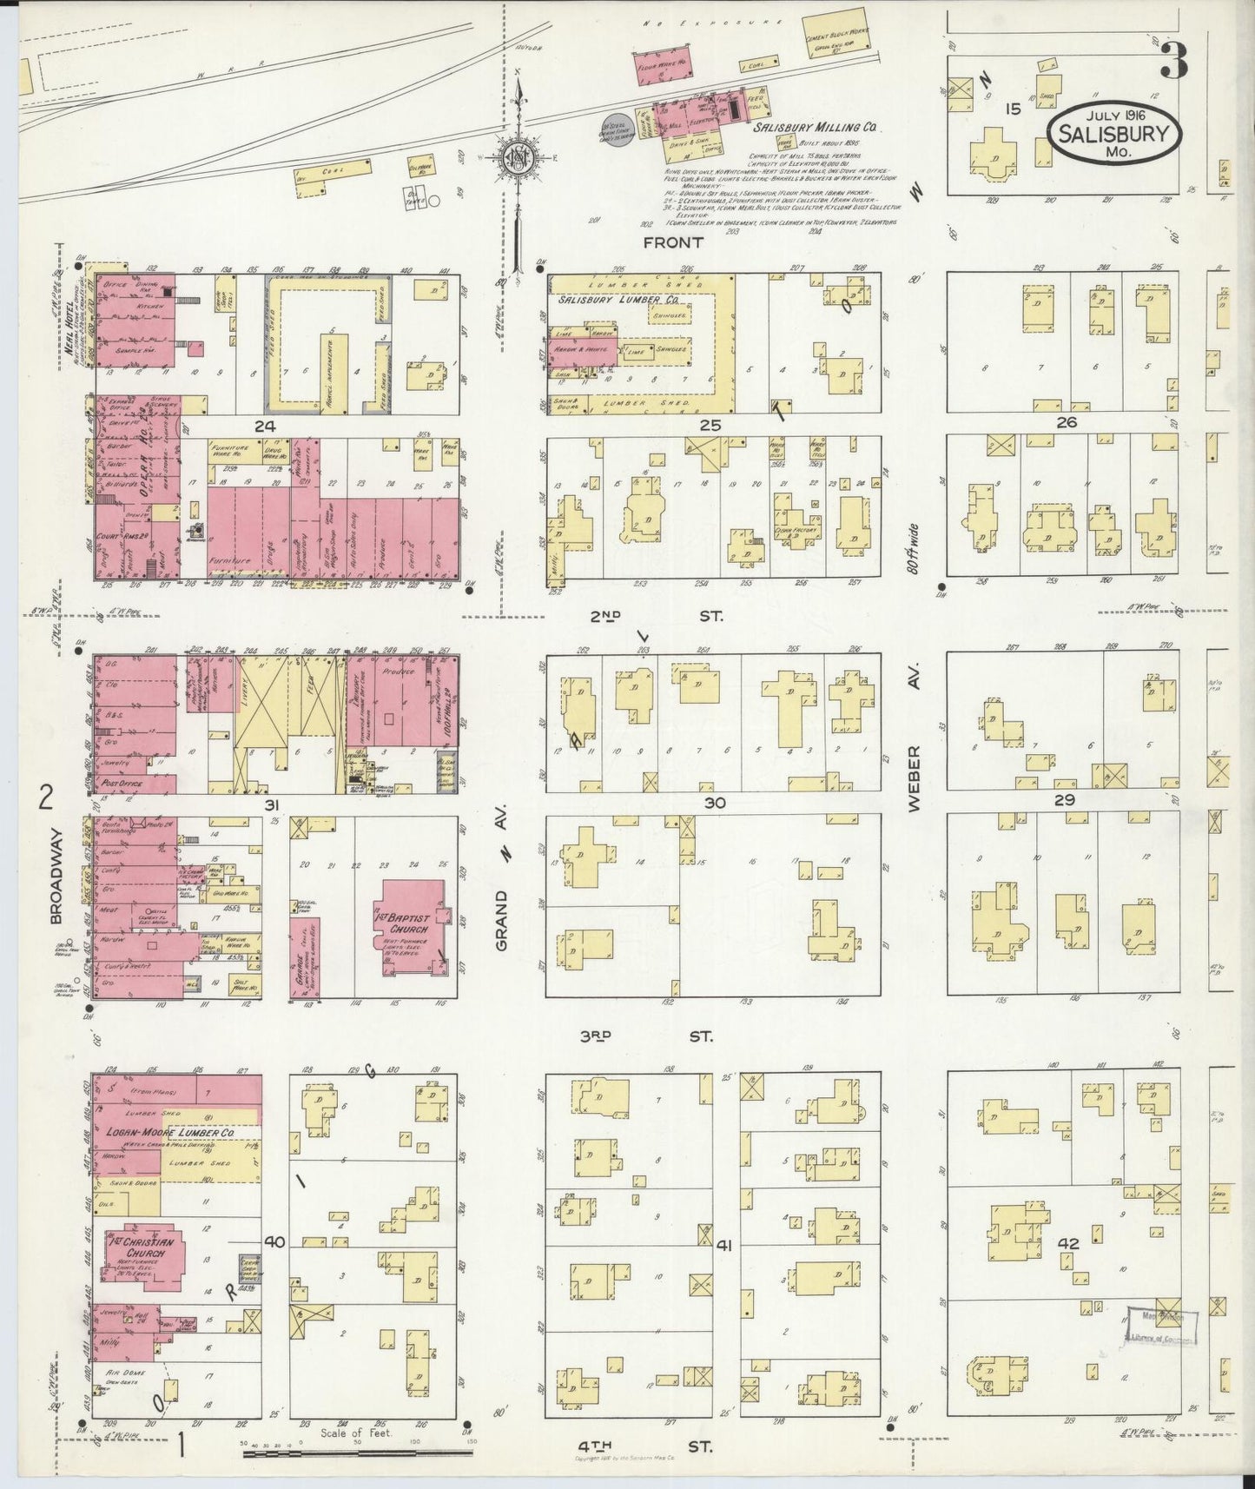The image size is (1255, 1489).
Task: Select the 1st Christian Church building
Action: tap(140, 1254)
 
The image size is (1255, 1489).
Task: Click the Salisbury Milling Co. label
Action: tap(815, 127)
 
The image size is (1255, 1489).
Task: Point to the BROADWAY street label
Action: tap(56, 876)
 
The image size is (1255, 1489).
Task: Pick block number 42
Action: tap(1067, 1244)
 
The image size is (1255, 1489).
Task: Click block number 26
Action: tap(1067, 422)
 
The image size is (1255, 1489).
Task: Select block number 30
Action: tap(714, 803)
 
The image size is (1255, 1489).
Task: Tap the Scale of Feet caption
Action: tap(357, 1433)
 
